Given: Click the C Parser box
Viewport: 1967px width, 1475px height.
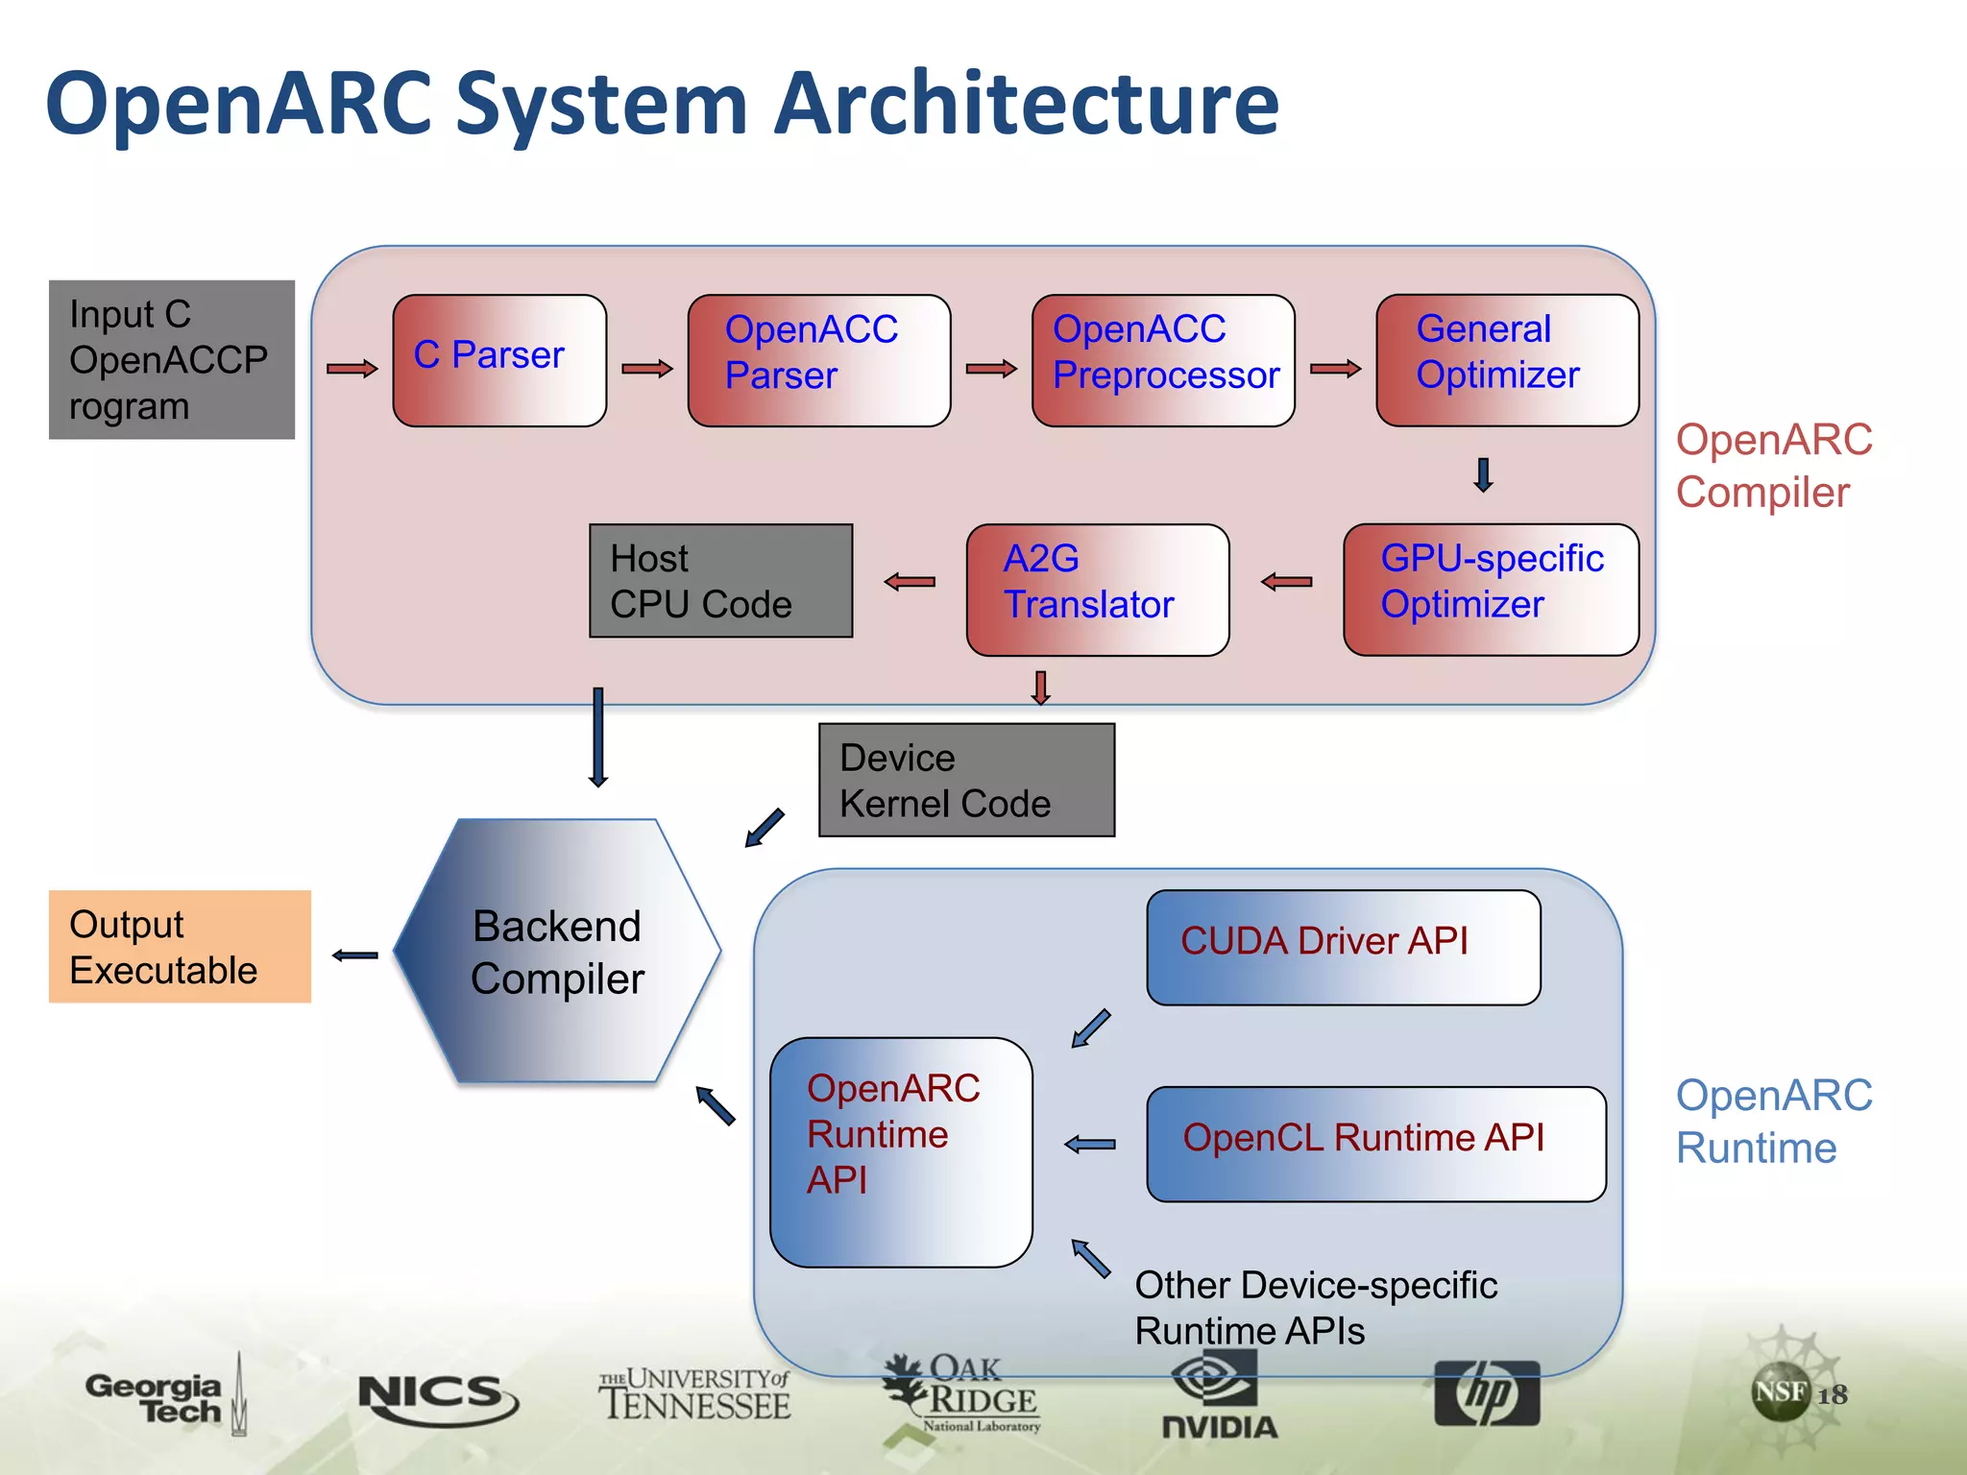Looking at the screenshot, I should pyautogui.click(x=499, y=360).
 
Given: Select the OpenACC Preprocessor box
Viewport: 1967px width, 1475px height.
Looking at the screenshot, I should pyautogui.click(x=1163, y=360).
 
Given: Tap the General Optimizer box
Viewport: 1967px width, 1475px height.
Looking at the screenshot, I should pyautogui.click(x=1507, y=360).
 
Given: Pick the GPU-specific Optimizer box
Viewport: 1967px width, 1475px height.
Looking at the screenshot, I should pyautogui.click(x=1491, y=589).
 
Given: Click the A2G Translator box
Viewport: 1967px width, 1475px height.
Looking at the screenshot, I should pyautogui.click(x=1098, y=589).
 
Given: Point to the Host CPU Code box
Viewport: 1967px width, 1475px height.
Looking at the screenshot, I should pyautogui.click(x=720, y=580).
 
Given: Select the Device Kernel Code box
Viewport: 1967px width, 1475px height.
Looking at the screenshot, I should pyautogui.click(x=966, y=780).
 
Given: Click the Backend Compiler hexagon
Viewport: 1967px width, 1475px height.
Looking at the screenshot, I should pyautogui.click(x=557, y=952).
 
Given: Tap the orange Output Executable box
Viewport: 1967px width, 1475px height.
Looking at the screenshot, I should pyautogui.click(x=180, y=947).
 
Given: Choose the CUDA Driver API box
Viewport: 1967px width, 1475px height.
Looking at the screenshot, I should pyautogui.click(x=1343, y=947).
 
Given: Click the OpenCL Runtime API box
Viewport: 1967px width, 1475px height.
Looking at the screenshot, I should pyautogui.click(x=1375, y=1144).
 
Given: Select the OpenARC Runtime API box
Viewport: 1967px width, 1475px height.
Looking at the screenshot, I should pyautogui.click(x=901, y=1151).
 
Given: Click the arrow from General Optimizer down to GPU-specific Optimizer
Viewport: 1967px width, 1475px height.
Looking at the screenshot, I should pyautogui.click(x=1483, y=474).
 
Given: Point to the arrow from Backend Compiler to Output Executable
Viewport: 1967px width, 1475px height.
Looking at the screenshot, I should pyautogui.click(x=354, y=955).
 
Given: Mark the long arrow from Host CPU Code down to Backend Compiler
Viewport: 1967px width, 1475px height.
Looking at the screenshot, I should pyautogui.click(x=597, y=737).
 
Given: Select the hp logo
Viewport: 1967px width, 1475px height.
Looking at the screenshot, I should pyautogui.click(x=1486, y=1392).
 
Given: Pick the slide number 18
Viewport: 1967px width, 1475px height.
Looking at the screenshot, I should pyautogui.click(x=1832, y=1394).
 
